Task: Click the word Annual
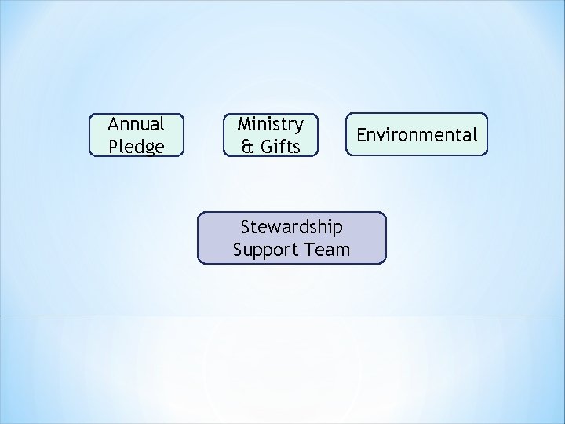(x=136, y=124)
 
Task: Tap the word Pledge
(x=136, y=146)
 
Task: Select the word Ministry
(x=270, y=124)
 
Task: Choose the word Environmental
(x=417, y=135)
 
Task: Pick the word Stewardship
(x=291, y=228)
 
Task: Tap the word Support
(x=263, y=250)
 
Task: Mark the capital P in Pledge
(x=115, y=146)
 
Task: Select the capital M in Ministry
(x=244, y=124)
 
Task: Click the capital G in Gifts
(x=264, y=146)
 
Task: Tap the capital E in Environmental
(x=362, y=135)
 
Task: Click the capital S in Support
(x=238, y=250)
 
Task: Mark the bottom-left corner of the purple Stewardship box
(x=198, y=262)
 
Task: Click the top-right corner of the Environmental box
(x=487, y=114)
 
